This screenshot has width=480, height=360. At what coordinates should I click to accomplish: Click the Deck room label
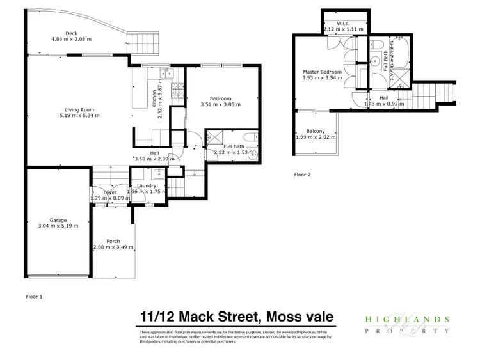coord(71,33)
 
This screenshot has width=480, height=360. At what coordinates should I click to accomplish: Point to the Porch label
coord(113,240)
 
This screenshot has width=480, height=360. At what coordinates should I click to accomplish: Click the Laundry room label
coord(147,185)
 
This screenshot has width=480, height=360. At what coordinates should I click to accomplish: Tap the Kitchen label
coord(154,98)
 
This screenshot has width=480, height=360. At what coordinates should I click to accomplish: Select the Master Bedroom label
coord(323,72)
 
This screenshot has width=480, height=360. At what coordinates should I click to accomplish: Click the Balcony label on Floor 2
coord(315,131)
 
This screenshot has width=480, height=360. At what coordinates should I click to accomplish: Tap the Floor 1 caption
coord(33,297)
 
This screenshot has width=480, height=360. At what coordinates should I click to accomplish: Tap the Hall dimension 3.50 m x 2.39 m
coord(154,158)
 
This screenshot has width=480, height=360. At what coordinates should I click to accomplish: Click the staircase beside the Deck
coord(140,43)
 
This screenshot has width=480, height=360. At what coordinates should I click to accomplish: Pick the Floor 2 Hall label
coord(383,97)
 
